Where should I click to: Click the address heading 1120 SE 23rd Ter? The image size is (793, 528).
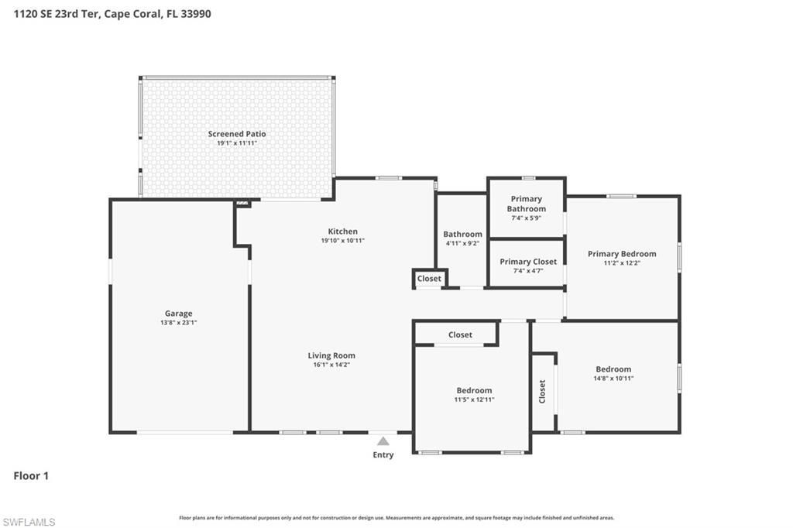click(112, 14)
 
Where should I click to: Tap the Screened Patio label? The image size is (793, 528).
click(237, 134)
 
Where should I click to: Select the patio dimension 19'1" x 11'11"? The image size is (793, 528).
click(237, 143)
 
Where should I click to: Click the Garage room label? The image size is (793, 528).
click(178, 314)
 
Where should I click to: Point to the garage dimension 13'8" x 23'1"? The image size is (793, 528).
click(178, 323)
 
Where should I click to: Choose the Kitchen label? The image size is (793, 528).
click(343, 231)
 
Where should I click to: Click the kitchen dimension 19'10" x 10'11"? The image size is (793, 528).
click(343, 241)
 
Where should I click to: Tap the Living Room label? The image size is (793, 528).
click(331, 355)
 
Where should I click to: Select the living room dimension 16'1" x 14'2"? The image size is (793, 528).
click(331, 365)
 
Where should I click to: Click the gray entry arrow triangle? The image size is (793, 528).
click(383, 441)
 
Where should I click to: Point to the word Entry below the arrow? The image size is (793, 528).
click(383, 454)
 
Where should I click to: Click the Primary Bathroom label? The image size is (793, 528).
click(527, 204)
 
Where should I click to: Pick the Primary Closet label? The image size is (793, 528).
click(528, 262)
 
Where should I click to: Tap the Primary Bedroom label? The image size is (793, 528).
click(622, 254)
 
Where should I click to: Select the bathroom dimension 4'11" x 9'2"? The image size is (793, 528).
click(462, 243)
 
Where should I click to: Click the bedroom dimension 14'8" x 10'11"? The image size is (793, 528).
click(613, 379)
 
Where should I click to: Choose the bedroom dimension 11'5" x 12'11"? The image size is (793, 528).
click(474, 399)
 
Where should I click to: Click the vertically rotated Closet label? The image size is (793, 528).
click(543, 391)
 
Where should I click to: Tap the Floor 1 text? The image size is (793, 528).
click(31, 476)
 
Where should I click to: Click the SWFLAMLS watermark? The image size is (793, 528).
click(29, 522)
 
